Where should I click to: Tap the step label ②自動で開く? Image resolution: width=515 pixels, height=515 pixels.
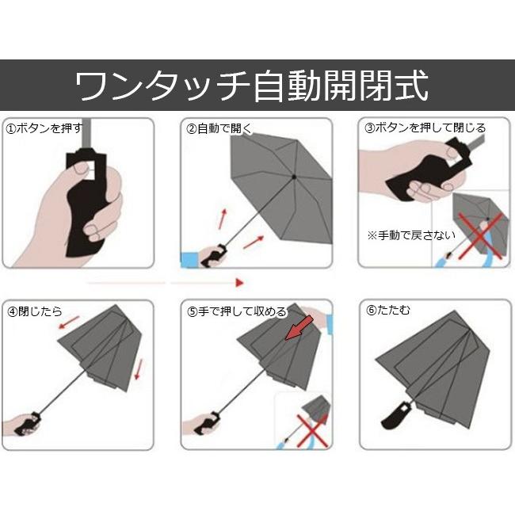click(x=218, y=128)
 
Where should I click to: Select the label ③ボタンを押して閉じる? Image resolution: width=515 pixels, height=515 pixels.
click(x=425, y=128)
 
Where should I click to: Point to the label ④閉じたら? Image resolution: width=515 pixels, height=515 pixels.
click(x=35, y=311)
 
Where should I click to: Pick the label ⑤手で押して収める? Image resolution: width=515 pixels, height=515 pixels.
click(x=237, y=311)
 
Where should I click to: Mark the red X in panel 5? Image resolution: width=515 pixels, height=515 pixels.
click(x=313, y=429)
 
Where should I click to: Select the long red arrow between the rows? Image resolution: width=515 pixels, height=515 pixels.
click(x=166, y=281)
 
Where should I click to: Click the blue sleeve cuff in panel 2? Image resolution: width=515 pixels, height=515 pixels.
click(x=190, y=257)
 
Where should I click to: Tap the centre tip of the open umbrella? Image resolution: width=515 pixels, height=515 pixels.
click(x=294, y=176)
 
